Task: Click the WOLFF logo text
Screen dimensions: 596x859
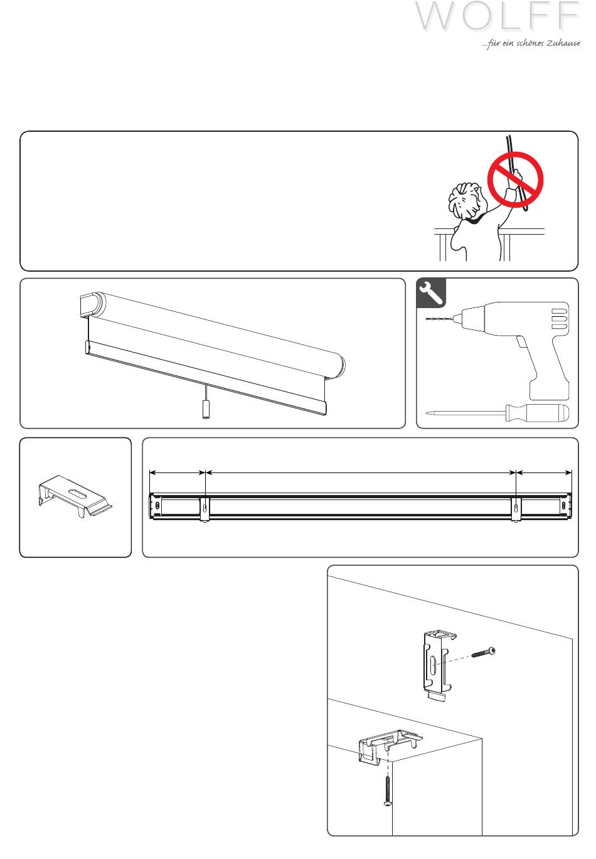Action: click(498, 16)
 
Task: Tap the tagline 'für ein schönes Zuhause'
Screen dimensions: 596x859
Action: click(531, 43)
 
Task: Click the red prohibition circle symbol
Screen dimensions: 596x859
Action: click(515, 179)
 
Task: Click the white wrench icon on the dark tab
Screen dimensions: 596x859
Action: click(431, 293)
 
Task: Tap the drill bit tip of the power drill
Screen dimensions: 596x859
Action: click(427, 319)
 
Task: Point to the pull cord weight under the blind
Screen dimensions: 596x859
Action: click(206, 410)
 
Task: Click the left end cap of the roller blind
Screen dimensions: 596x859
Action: click(92, 305)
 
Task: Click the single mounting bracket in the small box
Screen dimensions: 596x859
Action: click(75, 496)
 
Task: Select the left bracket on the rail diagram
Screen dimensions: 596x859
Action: click(205, 510)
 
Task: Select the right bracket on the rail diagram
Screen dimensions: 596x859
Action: click(516, 510)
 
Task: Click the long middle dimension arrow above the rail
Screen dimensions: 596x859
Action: click(361, 473)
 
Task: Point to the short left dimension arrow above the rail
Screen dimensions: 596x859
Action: click(178, 473)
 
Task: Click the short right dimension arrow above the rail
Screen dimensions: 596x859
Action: click(544, 473)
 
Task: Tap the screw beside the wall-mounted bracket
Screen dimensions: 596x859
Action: click(483, 651)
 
